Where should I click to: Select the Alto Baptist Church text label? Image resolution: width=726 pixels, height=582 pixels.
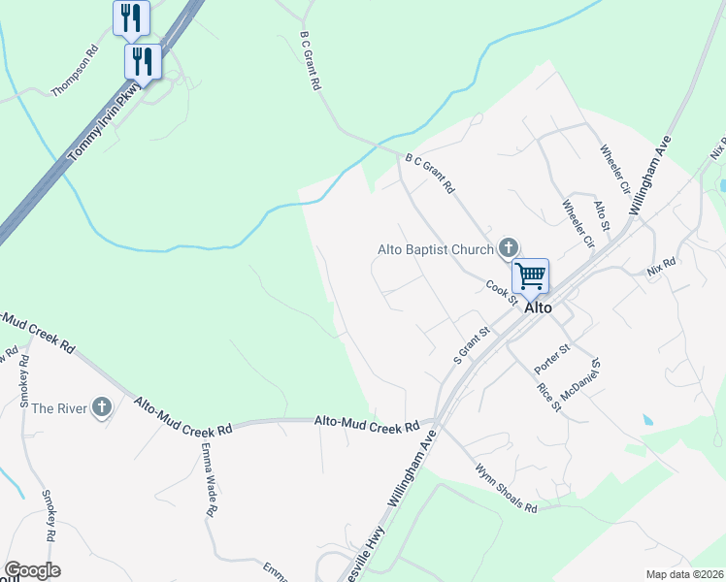pyautogui.click(x=435, y=249)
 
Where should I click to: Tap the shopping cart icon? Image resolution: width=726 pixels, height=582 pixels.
pyautogui.click(x=530, y=275)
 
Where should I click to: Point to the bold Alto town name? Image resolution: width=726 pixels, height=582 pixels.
pyautogui.click(x=538, y=307)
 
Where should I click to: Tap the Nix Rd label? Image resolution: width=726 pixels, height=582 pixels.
pyautogui.click(x=661, y=264)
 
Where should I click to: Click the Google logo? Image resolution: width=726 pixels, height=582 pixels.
pyautogui.click(x=32, y=570)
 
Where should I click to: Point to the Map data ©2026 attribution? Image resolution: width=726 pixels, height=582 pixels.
pyautogui.click(x=683, y=574)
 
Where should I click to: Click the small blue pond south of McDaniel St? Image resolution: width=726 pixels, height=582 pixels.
pyautogui.click(x=647, y=419)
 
